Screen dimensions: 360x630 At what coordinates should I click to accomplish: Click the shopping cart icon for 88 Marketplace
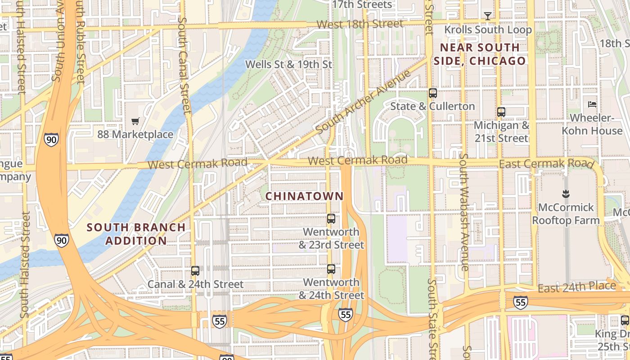point(135,121)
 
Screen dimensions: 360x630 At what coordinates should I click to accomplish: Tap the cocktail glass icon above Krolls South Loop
point(487,16)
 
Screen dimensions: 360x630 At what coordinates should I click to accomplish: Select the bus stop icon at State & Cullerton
point(433,93)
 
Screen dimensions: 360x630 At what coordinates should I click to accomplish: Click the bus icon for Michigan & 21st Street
point(501,112)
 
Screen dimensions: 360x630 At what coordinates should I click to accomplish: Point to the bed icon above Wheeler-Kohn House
point(592,104)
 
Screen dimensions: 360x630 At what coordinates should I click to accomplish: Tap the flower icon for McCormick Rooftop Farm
point(566,194)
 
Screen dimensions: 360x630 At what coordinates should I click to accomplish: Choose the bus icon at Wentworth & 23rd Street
point(331,219)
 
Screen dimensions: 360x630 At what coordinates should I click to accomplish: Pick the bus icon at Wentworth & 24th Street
point(331,269)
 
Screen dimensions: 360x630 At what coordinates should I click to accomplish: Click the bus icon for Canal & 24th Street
point(195,271)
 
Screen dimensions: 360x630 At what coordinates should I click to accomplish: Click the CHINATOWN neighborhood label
point(304,196)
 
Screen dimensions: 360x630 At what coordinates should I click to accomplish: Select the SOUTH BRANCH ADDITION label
point(136,234)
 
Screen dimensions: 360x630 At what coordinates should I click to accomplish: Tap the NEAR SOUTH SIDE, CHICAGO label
point(480,54)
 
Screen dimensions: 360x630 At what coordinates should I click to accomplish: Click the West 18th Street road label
point(360,24)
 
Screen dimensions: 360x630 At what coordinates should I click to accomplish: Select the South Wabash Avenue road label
point(464,211)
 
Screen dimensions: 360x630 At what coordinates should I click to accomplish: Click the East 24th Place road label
point(577,287)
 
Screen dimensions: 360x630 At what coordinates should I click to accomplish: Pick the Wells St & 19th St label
point(288,64)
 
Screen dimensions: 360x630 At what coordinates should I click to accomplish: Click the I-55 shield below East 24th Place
point(520,302)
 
